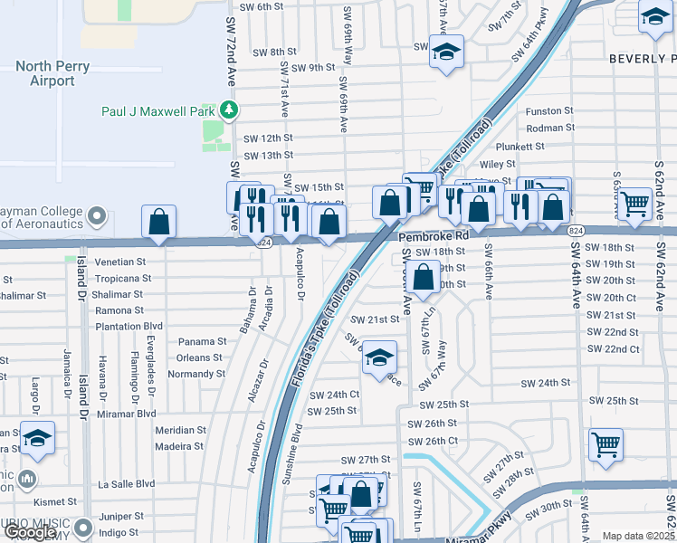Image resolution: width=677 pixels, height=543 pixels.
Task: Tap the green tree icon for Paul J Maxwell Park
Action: point(230,111)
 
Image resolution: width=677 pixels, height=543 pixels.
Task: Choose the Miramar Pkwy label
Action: point(490,528)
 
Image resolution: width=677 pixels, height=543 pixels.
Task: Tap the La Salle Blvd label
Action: point(127,484)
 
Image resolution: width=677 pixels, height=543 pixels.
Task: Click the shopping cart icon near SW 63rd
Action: point(635,206)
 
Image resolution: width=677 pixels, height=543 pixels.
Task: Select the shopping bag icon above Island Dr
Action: point(158,223)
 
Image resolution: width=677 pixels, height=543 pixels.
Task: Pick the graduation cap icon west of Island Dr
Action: point(37,439)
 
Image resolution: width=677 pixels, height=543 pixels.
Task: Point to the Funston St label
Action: point(549,111)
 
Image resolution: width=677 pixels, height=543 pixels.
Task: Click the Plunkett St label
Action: point(549,146)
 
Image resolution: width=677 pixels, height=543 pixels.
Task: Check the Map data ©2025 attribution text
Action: point(637,536)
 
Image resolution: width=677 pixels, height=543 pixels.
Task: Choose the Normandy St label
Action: point(195,373)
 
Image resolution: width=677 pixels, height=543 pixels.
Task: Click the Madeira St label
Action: point(179,446)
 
